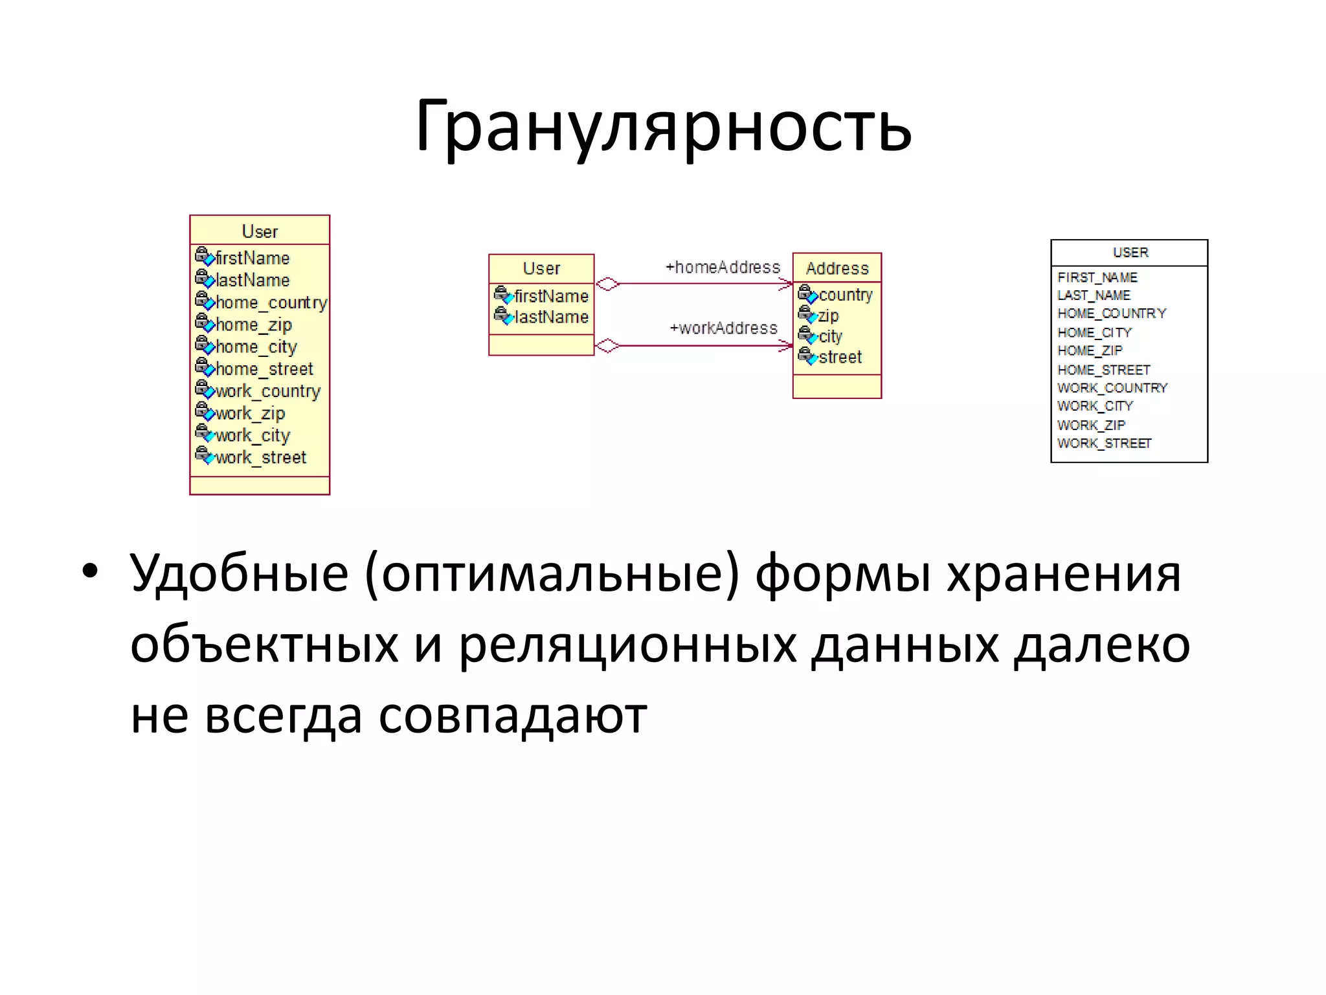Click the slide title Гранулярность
[663, 126]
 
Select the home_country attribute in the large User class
[271, 303]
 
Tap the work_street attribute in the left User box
[260, 457]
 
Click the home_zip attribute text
[253, 325]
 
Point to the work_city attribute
[253, 435]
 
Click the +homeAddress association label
[723, 268]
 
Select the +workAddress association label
[723, 328]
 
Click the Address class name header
[837, 268]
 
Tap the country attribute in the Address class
[845, 295]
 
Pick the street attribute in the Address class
[840, 358]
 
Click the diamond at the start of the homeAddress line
[607, 284]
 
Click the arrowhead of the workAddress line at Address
[785, 346]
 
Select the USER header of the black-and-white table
[1130, 253]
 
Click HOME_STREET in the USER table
[1103, 370]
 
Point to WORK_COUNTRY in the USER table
[1112, 388]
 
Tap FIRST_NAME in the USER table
[1097, 278]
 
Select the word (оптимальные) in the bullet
[552, 574]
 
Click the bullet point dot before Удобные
[90, 571]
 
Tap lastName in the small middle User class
[550, 317]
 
